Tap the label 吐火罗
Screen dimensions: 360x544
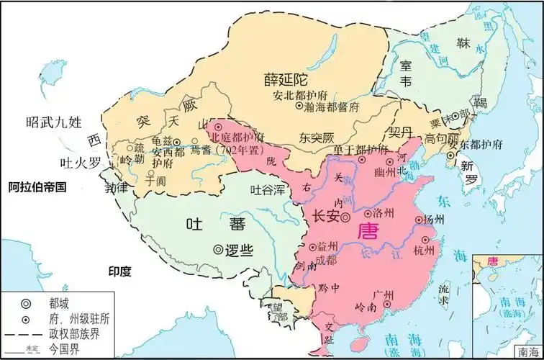79,163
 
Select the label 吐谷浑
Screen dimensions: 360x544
266,190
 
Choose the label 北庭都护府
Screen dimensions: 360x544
237,137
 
